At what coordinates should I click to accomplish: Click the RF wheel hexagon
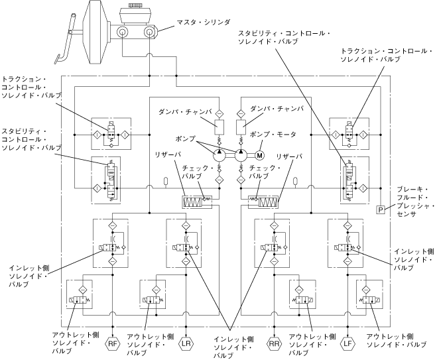(x=113, y=344)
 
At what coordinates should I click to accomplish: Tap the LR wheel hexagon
(x=186, y=344)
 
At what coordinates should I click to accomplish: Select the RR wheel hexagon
(x=275, y=344)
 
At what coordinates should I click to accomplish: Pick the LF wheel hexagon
(x=348, y=344)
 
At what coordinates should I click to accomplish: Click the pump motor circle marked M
(x=259, y=155)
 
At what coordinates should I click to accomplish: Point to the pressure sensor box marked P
(x=381, y=210)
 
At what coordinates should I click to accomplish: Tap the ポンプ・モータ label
(x=273, y=135)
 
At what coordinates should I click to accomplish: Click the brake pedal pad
(x=59, y=60)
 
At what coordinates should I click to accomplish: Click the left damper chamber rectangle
(x=219, y=127)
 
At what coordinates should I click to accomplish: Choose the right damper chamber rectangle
(x=241, y=127)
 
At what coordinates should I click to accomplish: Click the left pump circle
(x=220, y=155)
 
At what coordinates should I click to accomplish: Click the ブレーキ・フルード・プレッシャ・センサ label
(x=415, y=202)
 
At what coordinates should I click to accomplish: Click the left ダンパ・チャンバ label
(x=185, y=112)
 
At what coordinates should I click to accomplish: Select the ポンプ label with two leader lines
(x=186, y=139)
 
